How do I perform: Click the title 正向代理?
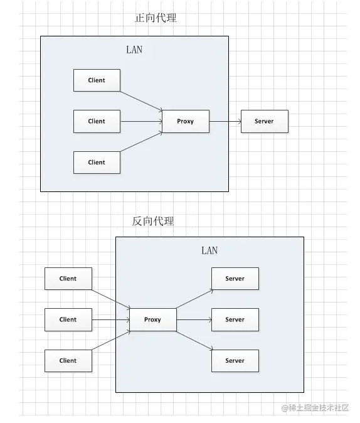[156, 18]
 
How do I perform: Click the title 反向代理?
[153, 221]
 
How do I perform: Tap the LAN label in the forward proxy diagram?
[134, 50]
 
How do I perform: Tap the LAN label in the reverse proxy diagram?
[209, 250]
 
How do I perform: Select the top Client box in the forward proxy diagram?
[97, 80]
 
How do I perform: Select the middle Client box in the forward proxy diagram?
[97, 121]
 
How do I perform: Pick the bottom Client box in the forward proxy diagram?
[97, 162]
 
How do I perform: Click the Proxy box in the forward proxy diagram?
[185, 121]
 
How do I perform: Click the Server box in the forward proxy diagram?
[264, 121]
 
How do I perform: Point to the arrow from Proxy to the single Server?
[225, 121]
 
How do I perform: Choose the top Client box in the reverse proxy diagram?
[68, 279]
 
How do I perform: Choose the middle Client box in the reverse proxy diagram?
[68, 319]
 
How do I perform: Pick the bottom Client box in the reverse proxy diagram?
[68, 360]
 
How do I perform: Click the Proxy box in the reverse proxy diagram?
[152, 319]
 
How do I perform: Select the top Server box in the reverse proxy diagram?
[235, 279]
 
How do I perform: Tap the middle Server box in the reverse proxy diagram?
[235, 319]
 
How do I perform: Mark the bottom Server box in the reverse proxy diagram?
[235, 360]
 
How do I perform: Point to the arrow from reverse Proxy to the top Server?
[194, 299]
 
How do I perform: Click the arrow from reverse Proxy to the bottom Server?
[194, 341]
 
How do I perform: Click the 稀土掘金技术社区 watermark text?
[319, 408]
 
